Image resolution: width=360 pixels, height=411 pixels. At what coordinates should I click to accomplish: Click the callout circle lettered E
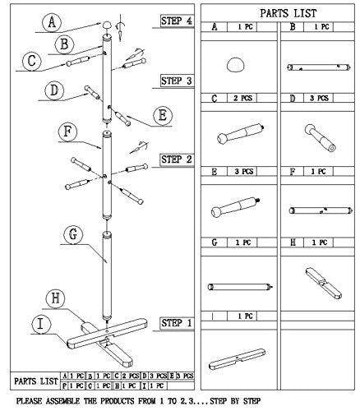point(161,113)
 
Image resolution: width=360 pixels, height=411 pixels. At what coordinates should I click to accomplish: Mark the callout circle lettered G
point(72,235)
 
